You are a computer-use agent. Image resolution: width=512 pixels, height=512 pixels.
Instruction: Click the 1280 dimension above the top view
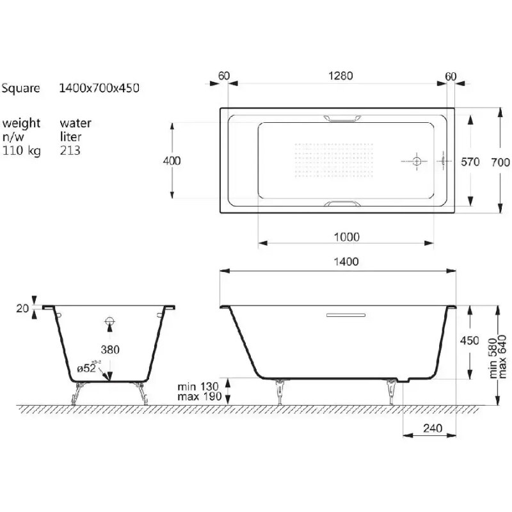click(340, 76)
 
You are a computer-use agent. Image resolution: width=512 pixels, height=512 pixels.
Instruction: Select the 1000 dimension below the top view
click(346, 237)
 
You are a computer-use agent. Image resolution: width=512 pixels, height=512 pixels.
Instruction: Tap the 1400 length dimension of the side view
click(346, 262)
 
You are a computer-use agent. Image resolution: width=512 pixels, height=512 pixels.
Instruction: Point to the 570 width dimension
click(470, 162)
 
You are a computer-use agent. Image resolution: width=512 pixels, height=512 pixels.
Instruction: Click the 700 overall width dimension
click(500, 163)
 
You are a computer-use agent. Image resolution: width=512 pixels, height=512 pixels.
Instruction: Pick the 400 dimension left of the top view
click(172, 161)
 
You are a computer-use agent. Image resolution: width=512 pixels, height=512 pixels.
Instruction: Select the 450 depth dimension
click(470, 340)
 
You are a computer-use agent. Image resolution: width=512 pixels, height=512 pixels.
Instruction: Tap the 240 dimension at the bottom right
click(433, 428)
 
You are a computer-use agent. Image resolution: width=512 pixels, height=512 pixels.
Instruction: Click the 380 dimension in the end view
click(110, 349)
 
